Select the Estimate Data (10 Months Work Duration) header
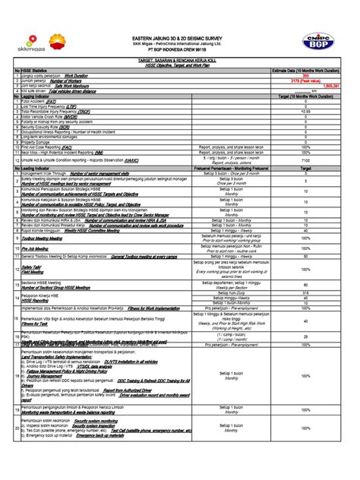pos(305,71)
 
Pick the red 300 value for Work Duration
pos(305,76)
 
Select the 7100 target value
pos(305,161)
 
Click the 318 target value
pos(305,292)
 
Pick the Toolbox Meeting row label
pos(37,238)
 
